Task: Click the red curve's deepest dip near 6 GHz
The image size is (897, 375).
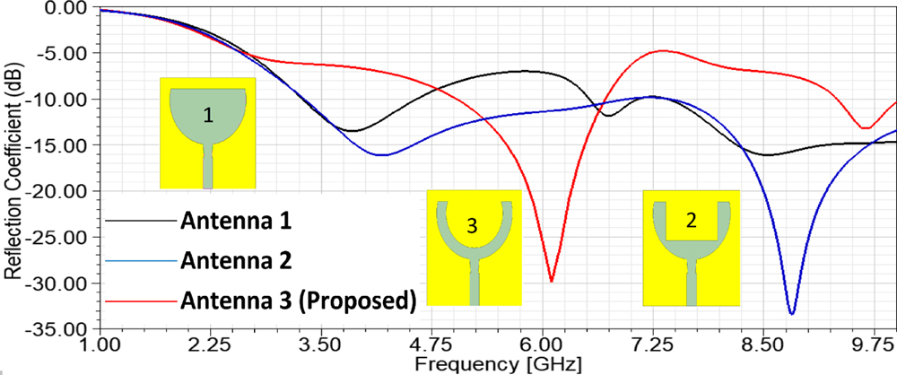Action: click(551, 281)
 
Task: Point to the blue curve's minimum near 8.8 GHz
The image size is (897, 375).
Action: click(791, 313)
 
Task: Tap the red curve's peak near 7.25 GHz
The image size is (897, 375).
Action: click(663, 51)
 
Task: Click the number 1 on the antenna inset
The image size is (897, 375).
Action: click(208, 115)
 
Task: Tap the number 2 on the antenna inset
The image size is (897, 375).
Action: click(691, 222)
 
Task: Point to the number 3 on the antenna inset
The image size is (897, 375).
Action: click(472, 227)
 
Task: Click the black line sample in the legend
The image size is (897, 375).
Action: click(139, 221)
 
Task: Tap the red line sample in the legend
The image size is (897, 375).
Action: click(139, 300)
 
